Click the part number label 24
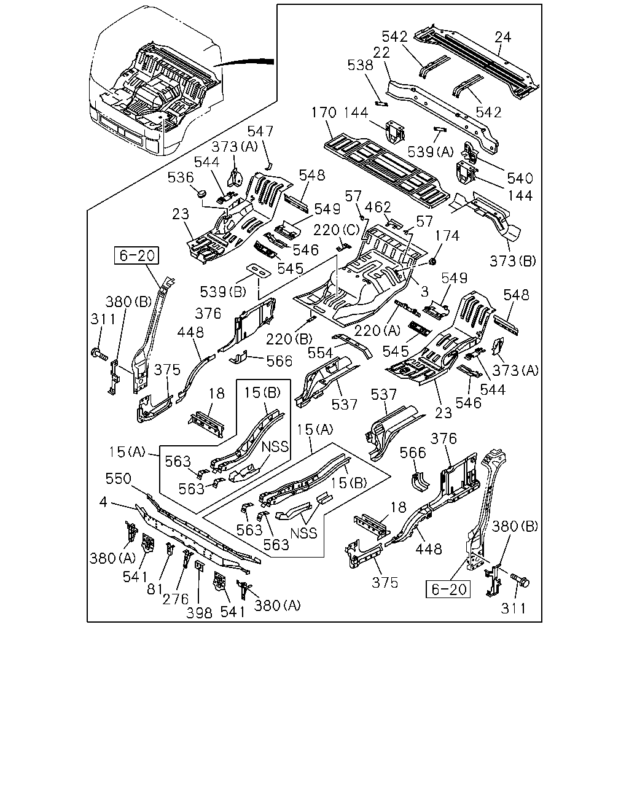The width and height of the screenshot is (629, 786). (x=503, y=37)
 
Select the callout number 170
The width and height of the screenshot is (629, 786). (x=324, y=112)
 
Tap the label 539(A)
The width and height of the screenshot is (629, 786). (x=430, y=152)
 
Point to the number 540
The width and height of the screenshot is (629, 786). (x=520, y=178)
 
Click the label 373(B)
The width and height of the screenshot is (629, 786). (x=513, y=261)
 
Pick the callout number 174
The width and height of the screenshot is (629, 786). (x=447, y=236)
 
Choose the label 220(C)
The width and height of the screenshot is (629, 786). (x=337, y=230)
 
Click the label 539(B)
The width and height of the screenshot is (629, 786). (x=223, y=292)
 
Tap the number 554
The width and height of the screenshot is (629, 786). (x=320, y=353)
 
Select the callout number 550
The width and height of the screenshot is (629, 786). (x=118, y=478)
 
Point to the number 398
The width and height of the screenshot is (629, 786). (x=199, y=613)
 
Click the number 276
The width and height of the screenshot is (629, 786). (x=176, y=599)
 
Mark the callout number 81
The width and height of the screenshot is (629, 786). (x=154, y=589)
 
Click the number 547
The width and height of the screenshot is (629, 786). (x=260, y=131)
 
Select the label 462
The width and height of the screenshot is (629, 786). (x=378, y=208)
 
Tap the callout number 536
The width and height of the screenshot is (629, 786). (x=181, y=177)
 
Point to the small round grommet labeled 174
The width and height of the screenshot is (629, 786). (x=433, y=261)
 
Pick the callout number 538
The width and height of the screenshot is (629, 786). (x=360, y=65)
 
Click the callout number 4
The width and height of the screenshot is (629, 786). (x=103, y=502)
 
